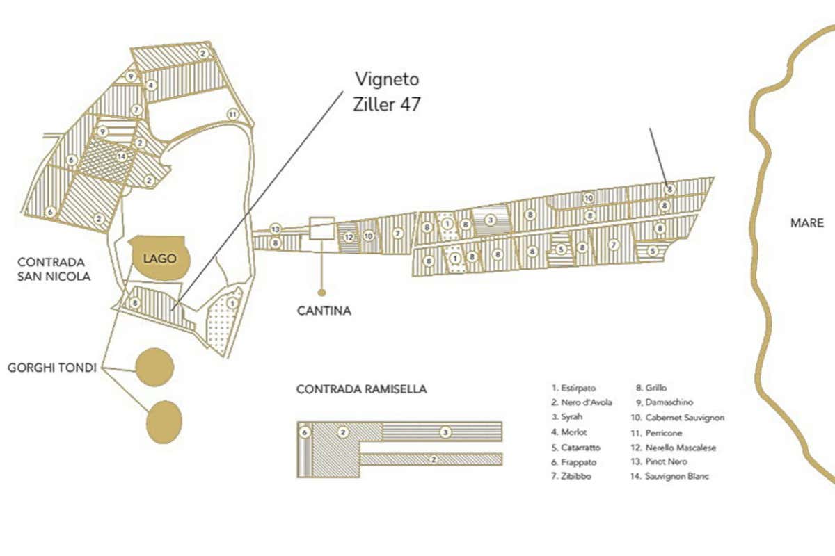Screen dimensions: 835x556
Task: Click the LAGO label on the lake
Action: coord(159,258)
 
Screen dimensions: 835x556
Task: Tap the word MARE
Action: coord(807,223)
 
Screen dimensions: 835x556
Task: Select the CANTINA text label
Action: coord(324,311)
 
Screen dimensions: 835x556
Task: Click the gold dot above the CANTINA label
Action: coord(321,292)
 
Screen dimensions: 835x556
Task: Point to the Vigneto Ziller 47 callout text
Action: coord(387,91)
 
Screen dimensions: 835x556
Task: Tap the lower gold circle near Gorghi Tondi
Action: coord(164,421)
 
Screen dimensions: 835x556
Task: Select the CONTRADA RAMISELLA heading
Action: coord(361,389)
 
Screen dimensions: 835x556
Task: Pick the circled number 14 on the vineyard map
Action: coord(122,157)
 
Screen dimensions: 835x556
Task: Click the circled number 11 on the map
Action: coord(233,114)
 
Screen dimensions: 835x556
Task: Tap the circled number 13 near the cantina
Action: coord(276,229)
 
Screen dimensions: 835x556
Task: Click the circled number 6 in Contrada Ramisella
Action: coord(305,432)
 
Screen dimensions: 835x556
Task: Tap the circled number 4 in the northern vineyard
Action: coord(150,85)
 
